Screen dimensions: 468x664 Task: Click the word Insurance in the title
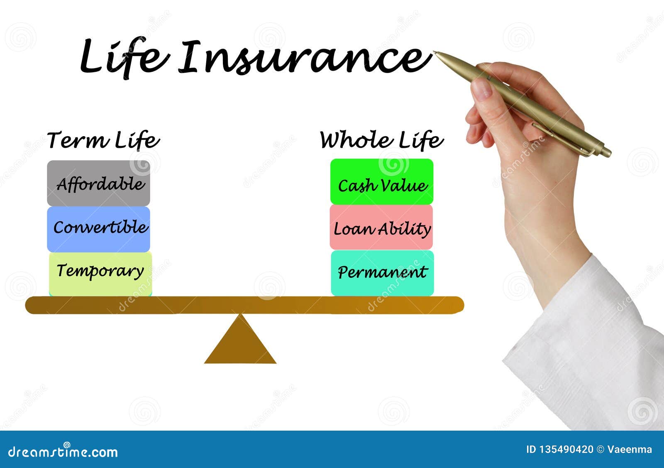pyautogui.click(x=305, y=58)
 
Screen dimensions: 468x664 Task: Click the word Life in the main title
pyautogui.click(x=124, y=57)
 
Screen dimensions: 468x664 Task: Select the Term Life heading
pyautogui.click(x=103, y=140)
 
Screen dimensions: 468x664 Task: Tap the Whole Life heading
pyautogui.click(x=381, y=140)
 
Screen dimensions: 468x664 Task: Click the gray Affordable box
pyautogui.click(x=98, y=183)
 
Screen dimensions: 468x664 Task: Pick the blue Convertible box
pyautogui.click(x=98, y=229)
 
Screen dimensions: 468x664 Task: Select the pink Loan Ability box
pyautogui.click(x=381, y=227)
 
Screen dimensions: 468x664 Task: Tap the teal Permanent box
pyautogui.click(x=382, y=273)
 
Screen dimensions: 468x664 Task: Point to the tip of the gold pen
pyautogui.click(x=435, y=53)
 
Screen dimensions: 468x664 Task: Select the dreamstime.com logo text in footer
pyautogui.click(x=63, y=451)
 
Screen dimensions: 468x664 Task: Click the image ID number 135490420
pyautogui.click(x=566, y=449)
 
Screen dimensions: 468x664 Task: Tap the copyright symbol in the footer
pyautogui.click(x=600, y=449)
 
